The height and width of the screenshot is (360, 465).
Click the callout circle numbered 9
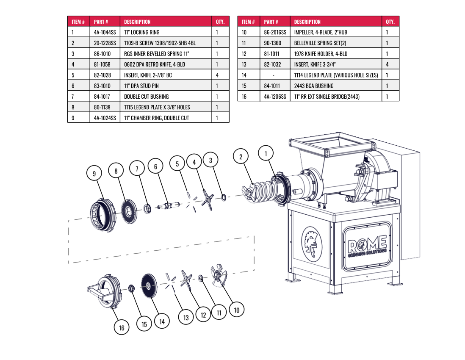coord(94,173)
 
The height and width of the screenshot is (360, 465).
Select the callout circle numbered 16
coord(122,327)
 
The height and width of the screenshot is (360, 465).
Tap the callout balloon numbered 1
coord(266,153)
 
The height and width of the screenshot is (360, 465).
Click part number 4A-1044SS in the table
coord(105,32)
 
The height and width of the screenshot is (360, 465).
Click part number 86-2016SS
coord(275,32)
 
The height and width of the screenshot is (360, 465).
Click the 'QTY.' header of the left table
coord(220,22)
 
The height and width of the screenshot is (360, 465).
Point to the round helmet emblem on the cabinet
coord(312,244)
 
